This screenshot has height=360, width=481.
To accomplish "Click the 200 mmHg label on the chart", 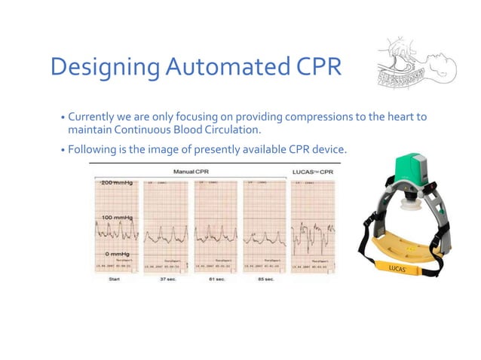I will point(115,184).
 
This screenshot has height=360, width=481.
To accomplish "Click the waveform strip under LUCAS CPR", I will point(312,226).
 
